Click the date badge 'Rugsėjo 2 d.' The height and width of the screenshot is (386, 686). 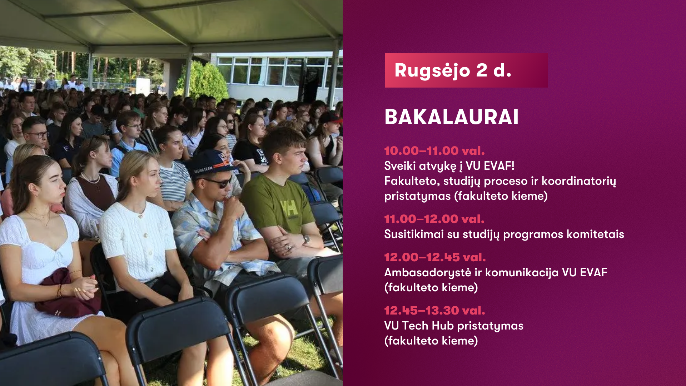point(466,70)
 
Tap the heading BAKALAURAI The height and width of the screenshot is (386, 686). point(451,117)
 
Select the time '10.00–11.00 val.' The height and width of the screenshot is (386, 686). point(434,151)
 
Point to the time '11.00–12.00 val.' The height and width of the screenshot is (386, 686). point(434,219)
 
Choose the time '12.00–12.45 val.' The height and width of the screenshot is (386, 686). point(435,257)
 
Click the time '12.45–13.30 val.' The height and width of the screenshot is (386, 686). point(434,311)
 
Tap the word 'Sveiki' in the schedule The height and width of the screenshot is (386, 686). point(400,166)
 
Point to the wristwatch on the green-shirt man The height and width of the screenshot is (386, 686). point(306,238)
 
